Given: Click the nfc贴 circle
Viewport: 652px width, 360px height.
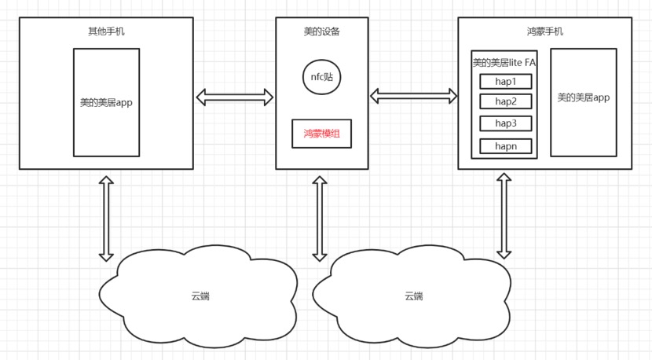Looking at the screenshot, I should coord(321,76).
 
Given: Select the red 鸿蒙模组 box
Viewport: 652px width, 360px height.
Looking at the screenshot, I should coord(321,134).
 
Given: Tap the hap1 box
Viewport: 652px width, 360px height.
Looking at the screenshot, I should coord(505,81).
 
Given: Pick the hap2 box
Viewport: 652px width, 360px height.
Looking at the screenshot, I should coord(505,101).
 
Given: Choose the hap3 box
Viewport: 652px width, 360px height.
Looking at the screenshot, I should coord(505,123).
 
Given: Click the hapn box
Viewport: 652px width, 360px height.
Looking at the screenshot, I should coord(505,145).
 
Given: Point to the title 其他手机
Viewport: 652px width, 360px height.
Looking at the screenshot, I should coord(105,31).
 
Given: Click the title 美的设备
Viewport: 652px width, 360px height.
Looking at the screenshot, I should coord(321,31).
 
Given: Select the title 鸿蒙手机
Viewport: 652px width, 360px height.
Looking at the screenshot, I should coord(544,31).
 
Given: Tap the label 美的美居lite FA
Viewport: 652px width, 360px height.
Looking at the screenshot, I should coord(504,62).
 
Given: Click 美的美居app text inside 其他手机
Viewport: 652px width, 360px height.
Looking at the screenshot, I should coord(106,102).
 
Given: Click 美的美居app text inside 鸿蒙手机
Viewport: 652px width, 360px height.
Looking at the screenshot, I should coord(583,98).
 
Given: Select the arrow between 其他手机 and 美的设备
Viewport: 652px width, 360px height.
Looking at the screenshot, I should coord(234,97).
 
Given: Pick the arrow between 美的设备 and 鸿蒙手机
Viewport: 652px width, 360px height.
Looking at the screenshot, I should coord(413,96).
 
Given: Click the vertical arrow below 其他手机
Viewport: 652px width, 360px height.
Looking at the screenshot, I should coord(106,219).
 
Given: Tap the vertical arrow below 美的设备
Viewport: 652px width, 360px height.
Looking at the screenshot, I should coord(320,219).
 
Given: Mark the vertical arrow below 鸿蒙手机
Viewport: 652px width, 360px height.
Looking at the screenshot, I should coord(504,216).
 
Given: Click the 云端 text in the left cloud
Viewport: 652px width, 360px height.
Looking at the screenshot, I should coord(200,296).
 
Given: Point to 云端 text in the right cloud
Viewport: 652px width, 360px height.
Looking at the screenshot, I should coord(414,296).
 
